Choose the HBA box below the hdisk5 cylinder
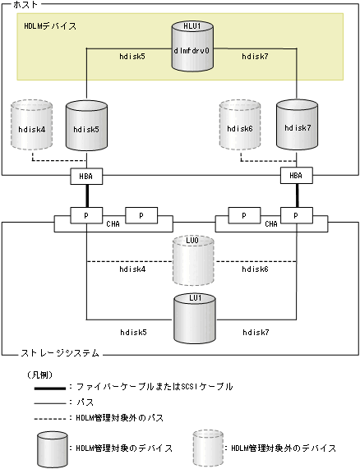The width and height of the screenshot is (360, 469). (85, 175)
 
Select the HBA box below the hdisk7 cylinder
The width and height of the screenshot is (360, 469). (294, 175)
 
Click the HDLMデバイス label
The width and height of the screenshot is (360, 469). (50, 26)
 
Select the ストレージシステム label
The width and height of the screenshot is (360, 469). (58, 353)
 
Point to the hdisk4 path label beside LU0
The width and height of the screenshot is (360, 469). (132, 269)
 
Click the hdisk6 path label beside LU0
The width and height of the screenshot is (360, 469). (252, 269)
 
